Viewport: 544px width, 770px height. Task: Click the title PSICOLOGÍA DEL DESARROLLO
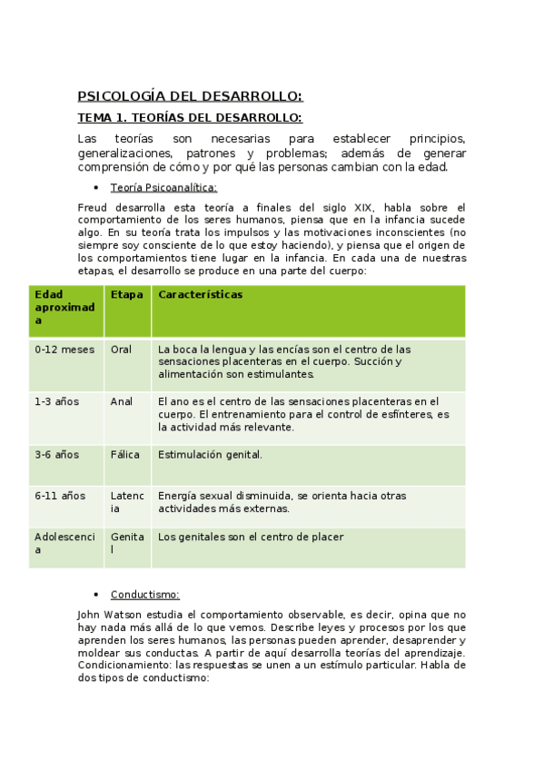(x=190, y=96)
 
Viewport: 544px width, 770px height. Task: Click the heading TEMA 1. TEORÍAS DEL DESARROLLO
(x=190, y=118)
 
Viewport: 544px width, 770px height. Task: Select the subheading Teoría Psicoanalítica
(x=163, y=187)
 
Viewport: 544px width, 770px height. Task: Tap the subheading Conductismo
(x=145, y=595)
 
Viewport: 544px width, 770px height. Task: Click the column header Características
(x=200, y=295)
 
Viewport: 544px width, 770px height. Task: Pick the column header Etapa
(x=126, y=295)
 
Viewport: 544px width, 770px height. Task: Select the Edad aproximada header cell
(x=64, y=308)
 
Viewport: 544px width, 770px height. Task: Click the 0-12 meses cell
(x=64, y=350)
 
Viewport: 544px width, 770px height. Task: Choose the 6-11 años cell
(x=60, y=496)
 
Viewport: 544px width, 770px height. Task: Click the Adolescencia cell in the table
(x=64, y=543)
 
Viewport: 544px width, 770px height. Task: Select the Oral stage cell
(x=121, y=350)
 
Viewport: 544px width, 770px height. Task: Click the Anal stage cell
(x=121, y=401)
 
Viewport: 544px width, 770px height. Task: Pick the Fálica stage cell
(x=124, y=455)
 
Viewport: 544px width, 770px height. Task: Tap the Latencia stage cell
(x=126, y=502)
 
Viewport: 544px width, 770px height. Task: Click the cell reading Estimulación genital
(x=210, y=455)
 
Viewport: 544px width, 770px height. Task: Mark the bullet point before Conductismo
(x=96, y=595)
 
